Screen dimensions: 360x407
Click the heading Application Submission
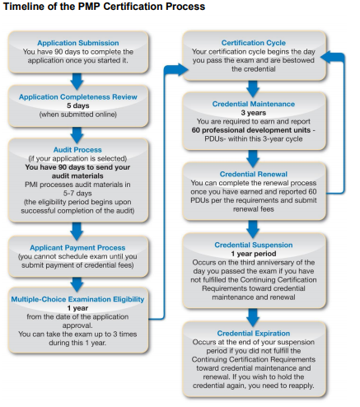click(78, 43)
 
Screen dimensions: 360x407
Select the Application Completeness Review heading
click(78, 96)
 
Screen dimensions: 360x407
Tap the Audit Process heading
click(77, 150)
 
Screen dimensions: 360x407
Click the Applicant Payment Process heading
click(77, 247)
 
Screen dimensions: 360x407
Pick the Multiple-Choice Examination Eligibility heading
click(77, 299)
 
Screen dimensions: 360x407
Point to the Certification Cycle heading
click(254, 43)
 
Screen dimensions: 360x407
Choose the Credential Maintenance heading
click(254, 104)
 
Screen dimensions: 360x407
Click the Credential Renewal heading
click(254, 174)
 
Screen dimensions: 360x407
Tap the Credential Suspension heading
click(254, 245)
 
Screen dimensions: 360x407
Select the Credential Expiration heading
click(254, 333)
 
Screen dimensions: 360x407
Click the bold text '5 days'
click(78, 105)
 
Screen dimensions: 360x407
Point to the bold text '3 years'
click(254, 113)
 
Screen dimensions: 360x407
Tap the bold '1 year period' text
click(254, 254)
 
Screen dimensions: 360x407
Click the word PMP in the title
click(90, 7)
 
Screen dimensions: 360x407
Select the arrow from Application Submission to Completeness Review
click(77, 82)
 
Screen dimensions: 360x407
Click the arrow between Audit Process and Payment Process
click(77, 232)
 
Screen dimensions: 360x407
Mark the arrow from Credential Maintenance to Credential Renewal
click(253, 158)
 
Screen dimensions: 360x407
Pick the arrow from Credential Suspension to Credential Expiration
click(253, 317)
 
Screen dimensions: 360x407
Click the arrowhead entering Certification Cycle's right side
click(327, 58)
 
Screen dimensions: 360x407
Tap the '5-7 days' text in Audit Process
click(77, 193)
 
